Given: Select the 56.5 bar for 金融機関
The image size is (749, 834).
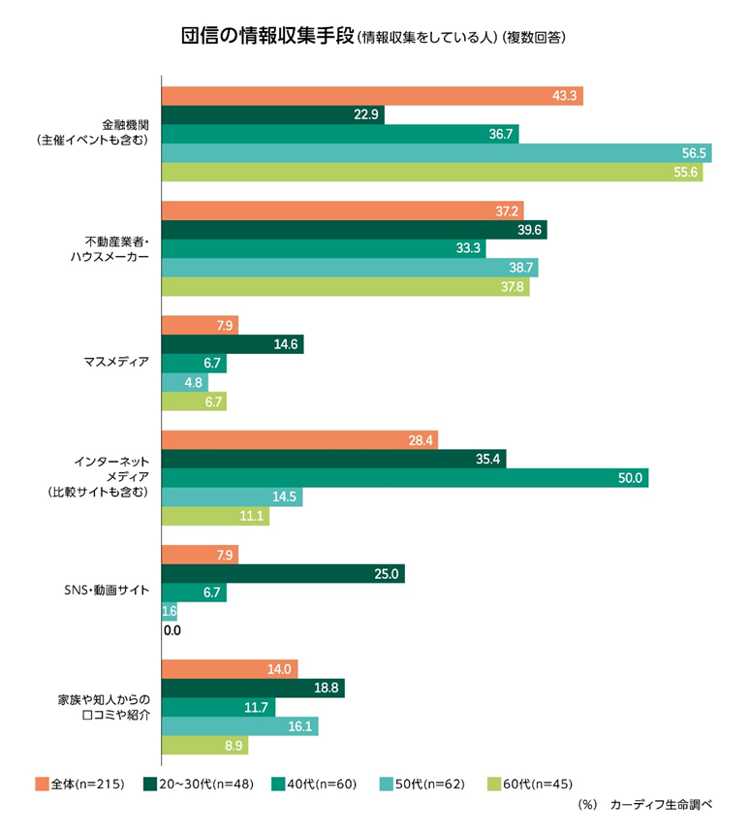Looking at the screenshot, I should point(436,153).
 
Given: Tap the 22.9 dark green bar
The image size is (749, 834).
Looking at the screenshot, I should point(272,115).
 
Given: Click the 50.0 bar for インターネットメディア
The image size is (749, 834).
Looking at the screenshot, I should point(404,478).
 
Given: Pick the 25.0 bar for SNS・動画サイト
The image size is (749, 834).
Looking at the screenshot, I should point(282,574).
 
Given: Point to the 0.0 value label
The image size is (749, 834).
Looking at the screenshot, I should point(172,630).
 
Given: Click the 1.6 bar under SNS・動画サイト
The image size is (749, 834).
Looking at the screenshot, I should point(169,612).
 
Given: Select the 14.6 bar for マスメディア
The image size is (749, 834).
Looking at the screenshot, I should point(232,344).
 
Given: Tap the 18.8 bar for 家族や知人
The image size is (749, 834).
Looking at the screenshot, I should point(252,689).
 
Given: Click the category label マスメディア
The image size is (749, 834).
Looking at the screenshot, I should point(117,363).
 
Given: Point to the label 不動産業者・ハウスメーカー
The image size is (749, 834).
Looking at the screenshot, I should point(109,249).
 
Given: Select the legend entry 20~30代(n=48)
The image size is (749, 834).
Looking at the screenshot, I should point(198,784).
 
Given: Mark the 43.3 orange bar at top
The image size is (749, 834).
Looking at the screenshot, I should point(372,96).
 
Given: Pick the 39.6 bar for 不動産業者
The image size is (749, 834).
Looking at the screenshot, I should point(354,230).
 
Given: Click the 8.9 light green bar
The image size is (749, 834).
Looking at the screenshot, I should point(204,746).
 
